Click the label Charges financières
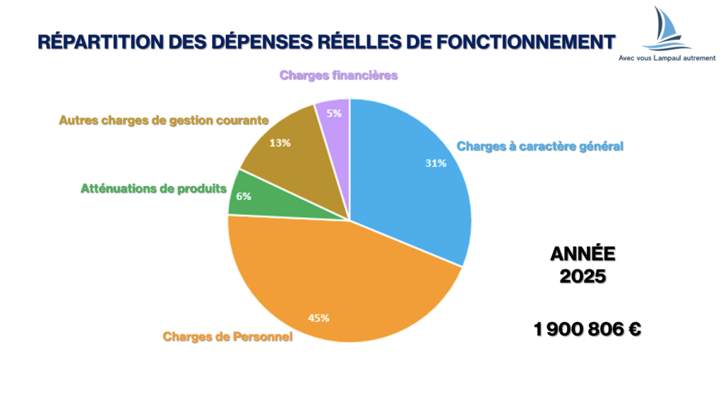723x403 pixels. coord(339,75)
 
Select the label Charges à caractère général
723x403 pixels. coord(540,147)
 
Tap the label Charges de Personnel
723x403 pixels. coord(227,337)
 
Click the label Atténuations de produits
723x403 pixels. coord(153,189)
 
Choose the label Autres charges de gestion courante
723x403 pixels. coord(163,120)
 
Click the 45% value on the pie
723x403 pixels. coord(318,318)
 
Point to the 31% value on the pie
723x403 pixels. coord(436,163)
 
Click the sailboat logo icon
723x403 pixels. coord(669,28)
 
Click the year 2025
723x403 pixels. coord(583,276)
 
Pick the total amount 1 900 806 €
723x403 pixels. coord(587,329)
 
